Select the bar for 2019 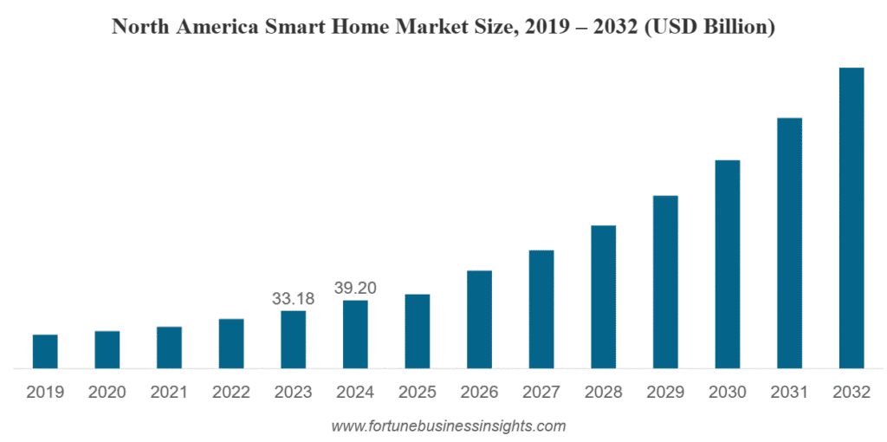(x=45, y=351)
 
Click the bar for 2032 (x=851, y=218)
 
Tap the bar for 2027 (x=541, y=309)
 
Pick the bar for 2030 (x=728, y=264)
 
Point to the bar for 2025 (x=418, y=331)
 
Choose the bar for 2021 (x=169, y=348)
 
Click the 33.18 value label (x=293, y=299)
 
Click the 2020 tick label (x=107, y=393)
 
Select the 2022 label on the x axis (x=231, y=393)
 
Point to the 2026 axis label (x=479, y=393)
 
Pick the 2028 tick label (x=603, y=393)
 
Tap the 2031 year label (x=789, y=393)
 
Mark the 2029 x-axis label (x=665, y=393)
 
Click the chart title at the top (x=443, y=27)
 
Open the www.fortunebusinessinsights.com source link (x=449, y=426)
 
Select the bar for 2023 (x=293, y=340)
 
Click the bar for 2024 (x=355, y=335)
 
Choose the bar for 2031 (x=789, y=243)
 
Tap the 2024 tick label (x=355, y=393)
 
